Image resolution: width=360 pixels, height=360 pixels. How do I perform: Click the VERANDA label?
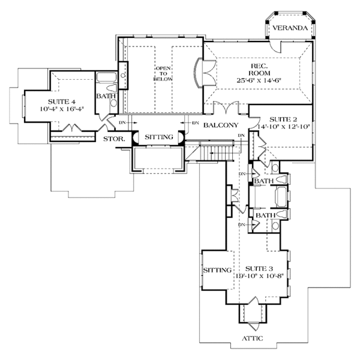pyautogui.click(x=290, y=28)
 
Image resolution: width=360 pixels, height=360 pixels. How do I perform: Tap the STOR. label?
pyautogui.click(x=113, y=139)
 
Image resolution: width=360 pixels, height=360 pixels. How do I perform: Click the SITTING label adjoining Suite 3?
pyautogui.click(x=217, y=270)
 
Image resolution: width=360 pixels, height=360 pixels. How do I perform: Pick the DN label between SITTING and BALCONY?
pyautogui.click(x=196, y=124)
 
